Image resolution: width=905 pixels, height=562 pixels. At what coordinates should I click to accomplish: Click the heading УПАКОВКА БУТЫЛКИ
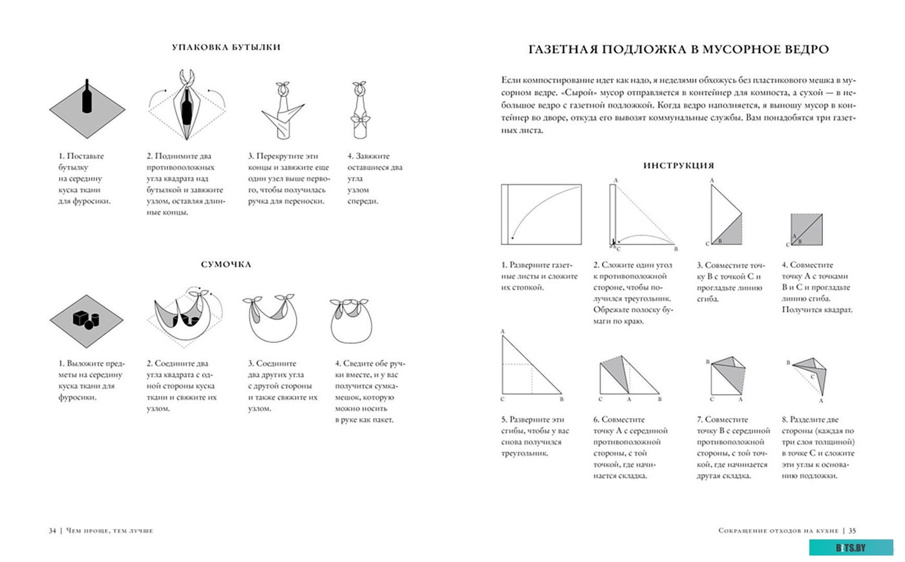[x=226, y=47]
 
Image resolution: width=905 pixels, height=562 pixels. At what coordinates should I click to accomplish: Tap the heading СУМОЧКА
[x=226, y=264]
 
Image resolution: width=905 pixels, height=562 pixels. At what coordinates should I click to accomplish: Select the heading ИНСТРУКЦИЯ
[x=678, y=165]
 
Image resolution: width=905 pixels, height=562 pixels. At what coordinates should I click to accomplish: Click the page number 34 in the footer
[x=53, y=530]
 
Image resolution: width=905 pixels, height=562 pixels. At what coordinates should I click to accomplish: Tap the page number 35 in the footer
[x=852, y=530]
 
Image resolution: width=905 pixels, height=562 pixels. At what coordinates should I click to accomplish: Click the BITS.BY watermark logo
[x=850, y=548]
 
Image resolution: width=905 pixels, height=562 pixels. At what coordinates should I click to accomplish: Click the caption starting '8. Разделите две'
[x=818, y=447]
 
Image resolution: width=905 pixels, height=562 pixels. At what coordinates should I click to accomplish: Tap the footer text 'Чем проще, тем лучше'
[x=109, y=530]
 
